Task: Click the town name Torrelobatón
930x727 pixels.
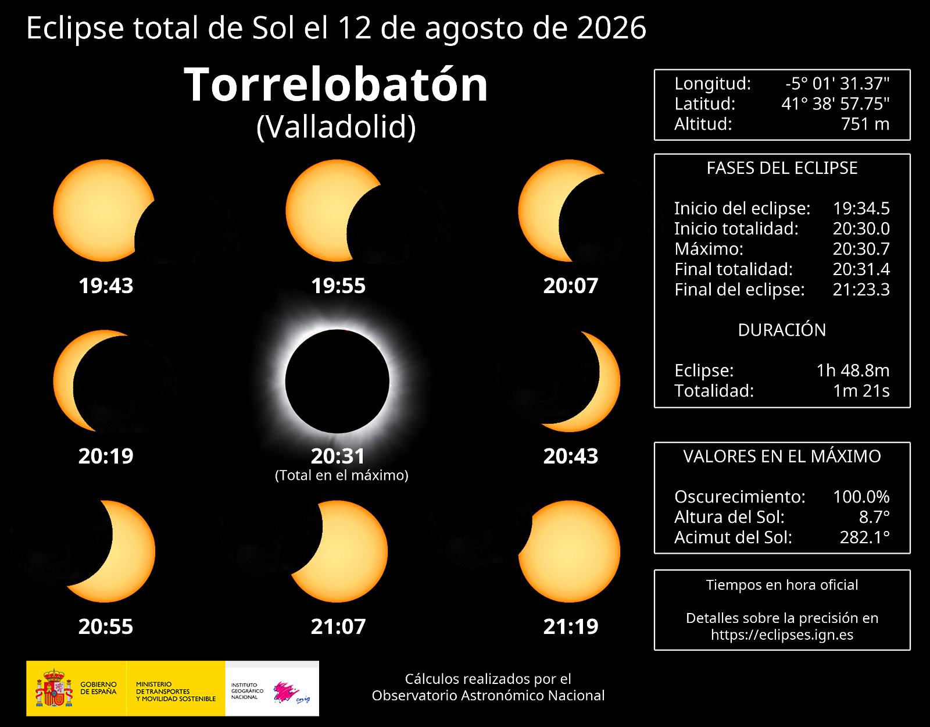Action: click(x=336, y=85)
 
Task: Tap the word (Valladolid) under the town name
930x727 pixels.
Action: click(x=336, y=127)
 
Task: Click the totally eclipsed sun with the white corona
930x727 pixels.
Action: click(x=337, y=381)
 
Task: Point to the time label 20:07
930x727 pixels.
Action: click(x=571, y=286)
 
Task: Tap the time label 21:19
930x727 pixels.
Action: click(x=571, y=626)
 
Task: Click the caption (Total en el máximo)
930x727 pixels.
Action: click(x=342, y=475)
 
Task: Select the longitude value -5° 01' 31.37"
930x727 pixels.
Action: click(x=837, y=84)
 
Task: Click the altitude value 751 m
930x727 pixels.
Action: click(x=865, y=124)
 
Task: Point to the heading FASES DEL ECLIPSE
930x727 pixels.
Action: click(x=782, y=168)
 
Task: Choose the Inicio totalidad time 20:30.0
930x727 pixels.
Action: click(x=861, y=229)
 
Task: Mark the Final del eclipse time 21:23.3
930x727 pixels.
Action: click(x=861, y=290)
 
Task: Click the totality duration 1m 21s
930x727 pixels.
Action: click(x=861, y=390)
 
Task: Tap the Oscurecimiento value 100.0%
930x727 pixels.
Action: click(x=861, y=497)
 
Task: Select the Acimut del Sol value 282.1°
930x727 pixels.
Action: click(x=864, y=537)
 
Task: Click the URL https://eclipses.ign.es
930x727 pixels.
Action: click(x=782, y=635)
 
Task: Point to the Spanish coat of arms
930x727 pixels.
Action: click(x=54, y=687)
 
